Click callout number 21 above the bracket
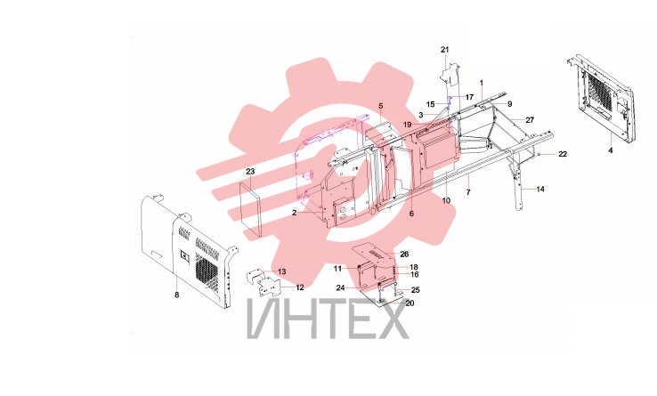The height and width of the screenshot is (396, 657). pos(444,50)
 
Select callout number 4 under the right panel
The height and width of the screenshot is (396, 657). pos(611,150)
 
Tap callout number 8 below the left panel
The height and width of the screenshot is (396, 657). pos(177,295)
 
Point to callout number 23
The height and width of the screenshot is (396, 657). pos(250,172)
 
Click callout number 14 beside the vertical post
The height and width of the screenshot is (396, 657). pos(540,189)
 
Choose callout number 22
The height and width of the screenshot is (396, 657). pos(563,154)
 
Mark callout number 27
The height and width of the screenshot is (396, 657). pos(530,120)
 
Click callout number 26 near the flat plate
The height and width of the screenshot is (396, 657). pos(404,254)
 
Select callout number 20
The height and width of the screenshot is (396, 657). pos(410,303)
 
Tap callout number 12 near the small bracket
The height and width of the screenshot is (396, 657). pos(300,287)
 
